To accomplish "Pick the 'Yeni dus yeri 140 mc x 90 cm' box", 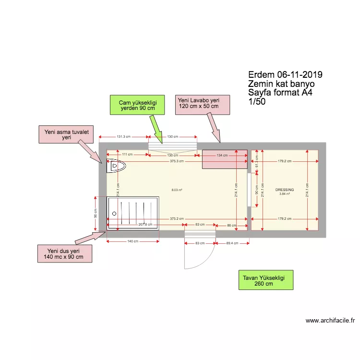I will (64, 253).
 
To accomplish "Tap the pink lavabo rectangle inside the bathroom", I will (224, 159).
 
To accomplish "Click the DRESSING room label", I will (284, 190).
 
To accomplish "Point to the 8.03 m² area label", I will (177, 190).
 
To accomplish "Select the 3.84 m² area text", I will (284, 194).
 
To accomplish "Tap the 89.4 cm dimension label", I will (232, 243).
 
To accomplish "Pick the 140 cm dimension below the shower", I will (133, 241).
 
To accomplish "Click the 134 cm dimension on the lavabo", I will (222, 155).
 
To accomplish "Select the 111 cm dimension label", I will (127, 155).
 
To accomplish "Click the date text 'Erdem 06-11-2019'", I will (285, 75).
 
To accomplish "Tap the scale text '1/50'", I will (257, 102).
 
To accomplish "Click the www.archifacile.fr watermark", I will (330, 321).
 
